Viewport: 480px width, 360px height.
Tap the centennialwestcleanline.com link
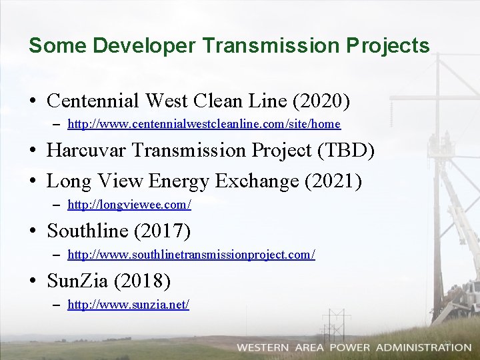[x=204, y=124]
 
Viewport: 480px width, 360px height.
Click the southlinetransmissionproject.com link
[x=191, y=255]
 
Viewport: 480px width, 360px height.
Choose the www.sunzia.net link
[x=129, y=305]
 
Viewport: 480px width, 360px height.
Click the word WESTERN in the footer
[x=263, y=347]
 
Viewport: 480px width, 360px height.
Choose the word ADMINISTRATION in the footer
[x=423, y=347]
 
